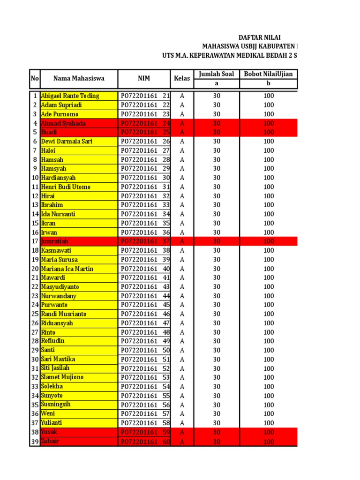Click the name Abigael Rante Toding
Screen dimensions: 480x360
[70, 96]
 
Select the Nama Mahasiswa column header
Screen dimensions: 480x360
[79, 79]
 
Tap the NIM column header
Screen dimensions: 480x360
[144, 79]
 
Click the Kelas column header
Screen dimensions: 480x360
[182, 79]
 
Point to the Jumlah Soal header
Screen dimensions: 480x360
[216, 74]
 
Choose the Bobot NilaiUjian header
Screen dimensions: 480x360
[268, 74]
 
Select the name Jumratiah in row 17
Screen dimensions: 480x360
[55, 241]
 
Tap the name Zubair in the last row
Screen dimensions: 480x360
[51, 442]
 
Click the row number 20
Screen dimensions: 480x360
[35, 269]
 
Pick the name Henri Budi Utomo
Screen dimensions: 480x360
[66, 187]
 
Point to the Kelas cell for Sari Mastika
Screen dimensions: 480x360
[182, 360]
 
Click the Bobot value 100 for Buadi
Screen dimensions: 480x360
[268, 133]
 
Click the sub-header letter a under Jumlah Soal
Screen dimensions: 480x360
[216, 84]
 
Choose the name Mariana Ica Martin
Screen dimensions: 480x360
[67, 269]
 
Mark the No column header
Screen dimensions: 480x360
[35, 79]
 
